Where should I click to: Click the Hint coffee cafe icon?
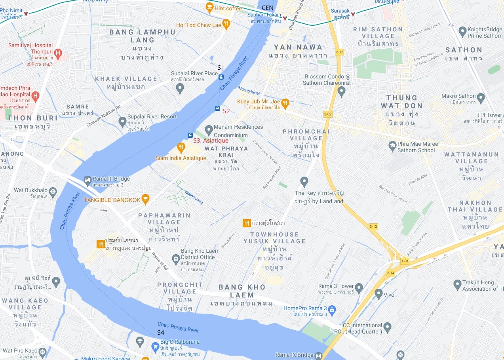coord(209,7)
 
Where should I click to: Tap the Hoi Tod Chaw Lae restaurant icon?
coord(226,24)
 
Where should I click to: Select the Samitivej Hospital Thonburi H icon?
coord(58,53)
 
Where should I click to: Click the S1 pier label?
coord(221,68)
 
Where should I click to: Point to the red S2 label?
coord(226,111)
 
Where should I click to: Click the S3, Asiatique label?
coord(211,141)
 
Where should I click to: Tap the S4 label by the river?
coord(160,332)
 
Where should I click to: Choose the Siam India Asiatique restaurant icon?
coord(181,147)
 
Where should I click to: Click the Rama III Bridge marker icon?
coord(87,180)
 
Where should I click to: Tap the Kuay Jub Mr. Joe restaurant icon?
coord(285,103)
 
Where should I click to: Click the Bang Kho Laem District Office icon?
coord(176,259)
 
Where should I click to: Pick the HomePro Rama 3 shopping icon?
coord(332,309)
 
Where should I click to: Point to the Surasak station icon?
coord(353,14)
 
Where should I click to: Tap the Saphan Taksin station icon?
coord(285,18)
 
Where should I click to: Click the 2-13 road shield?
coord(373,227)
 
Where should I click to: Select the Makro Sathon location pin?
coord(481,97)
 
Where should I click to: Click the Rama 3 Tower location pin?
coord(359,288)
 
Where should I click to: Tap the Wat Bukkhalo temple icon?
coord(53,192)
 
